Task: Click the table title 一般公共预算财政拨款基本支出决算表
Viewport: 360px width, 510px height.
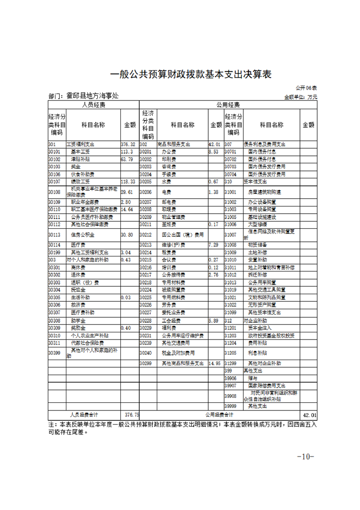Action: (x=191, y=75)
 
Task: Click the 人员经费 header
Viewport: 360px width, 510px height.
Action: (x=93, y=105)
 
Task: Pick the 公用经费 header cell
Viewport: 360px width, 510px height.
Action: (x=228, y=105)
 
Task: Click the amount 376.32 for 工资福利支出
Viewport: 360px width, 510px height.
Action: (x=128, y=144)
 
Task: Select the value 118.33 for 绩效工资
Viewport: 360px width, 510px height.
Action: (x=128, y=181)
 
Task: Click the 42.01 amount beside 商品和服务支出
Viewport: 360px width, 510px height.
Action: (x=215, y=144)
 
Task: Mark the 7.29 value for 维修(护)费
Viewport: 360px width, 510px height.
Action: (x=213, y=245)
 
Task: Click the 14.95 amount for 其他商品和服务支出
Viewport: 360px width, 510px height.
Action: (x=215, y=364)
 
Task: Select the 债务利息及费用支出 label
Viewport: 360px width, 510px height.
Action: (x=265, y=144)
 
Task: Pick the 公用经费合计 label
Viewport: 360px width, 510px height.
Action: (x=219, y=415)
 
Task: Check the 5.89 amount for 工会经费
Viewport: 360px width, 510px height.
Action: (x=213, y=321)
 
